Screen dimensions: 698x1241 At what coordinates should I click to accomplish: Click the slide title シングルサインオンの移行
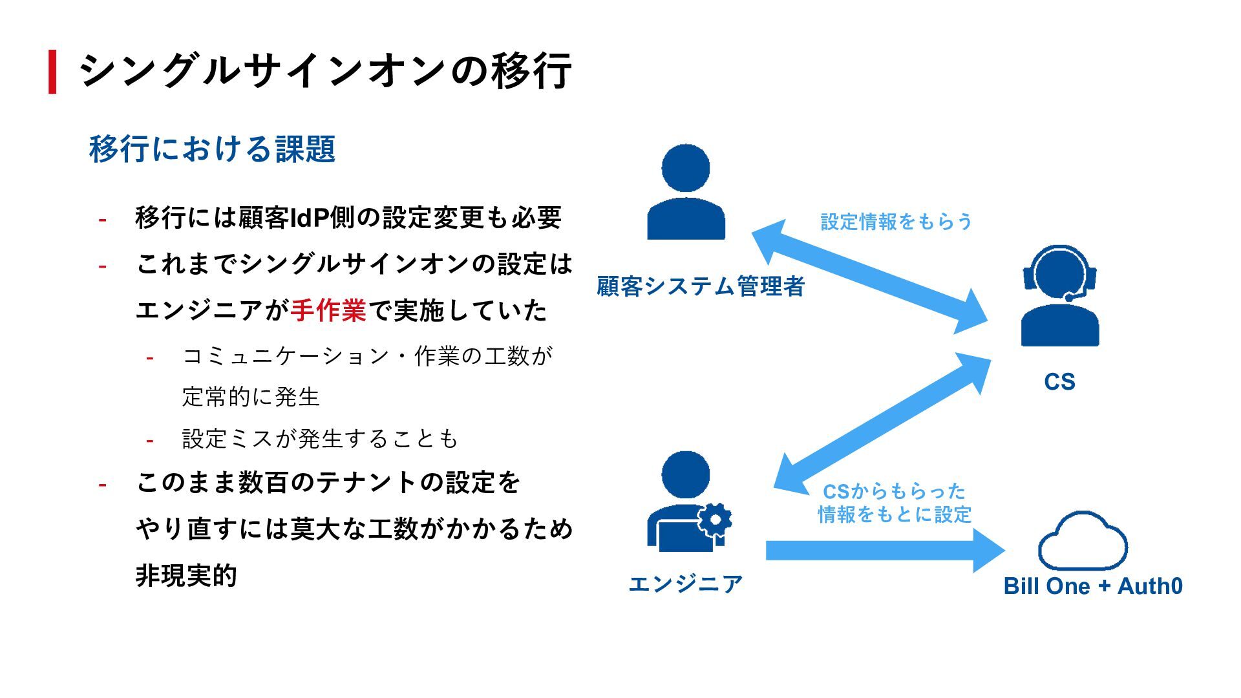click(x=325, y=70)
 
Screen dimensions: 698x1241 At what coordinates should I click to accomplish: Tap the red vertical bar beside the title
click(x=52, y=71)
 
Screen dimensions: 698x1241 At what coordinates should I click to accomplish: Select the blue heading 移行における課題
click(x=212, y=149)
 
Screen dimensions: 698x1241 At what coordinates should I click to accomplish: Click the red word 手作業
click(x=328, y=311)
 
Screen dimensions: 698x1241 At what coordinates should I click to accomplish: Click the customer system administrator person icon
click(x=686, y=193)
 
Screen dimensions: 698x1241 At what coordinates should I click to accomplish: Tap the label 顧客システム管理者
click(x=700, y=286)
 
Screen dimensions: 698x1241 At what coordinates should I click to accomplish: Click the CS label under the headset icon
click(x=1059, y=382)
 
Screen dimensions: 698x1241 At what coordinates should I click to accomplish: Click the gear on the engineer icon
click(x=715, y=519)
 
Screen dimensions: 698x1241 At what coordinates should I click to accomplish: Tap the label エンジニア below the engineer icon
click(x=686, y=584)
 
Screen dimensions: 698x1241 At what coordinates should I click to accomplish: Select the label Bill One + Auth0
click(x=1093, y=586)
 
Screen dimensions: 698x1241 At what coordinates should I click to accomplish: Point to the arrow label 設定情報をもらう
click(x=896, y=222)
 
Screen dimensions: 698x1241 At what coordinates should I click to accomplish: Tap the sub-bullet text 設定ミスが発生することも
click(x=320, y=439)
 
